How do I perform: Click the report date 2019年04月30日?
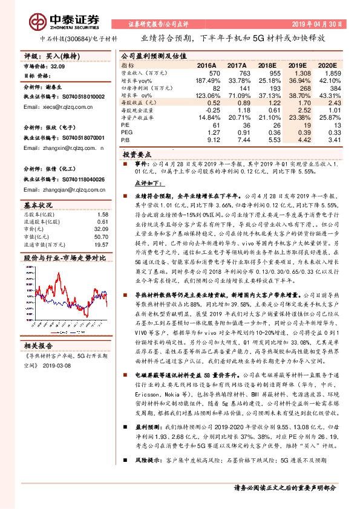coord(318,24)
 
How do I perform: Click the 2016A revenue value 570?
coord(211,72)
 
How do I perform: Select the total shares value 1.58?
coord(102,214)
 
